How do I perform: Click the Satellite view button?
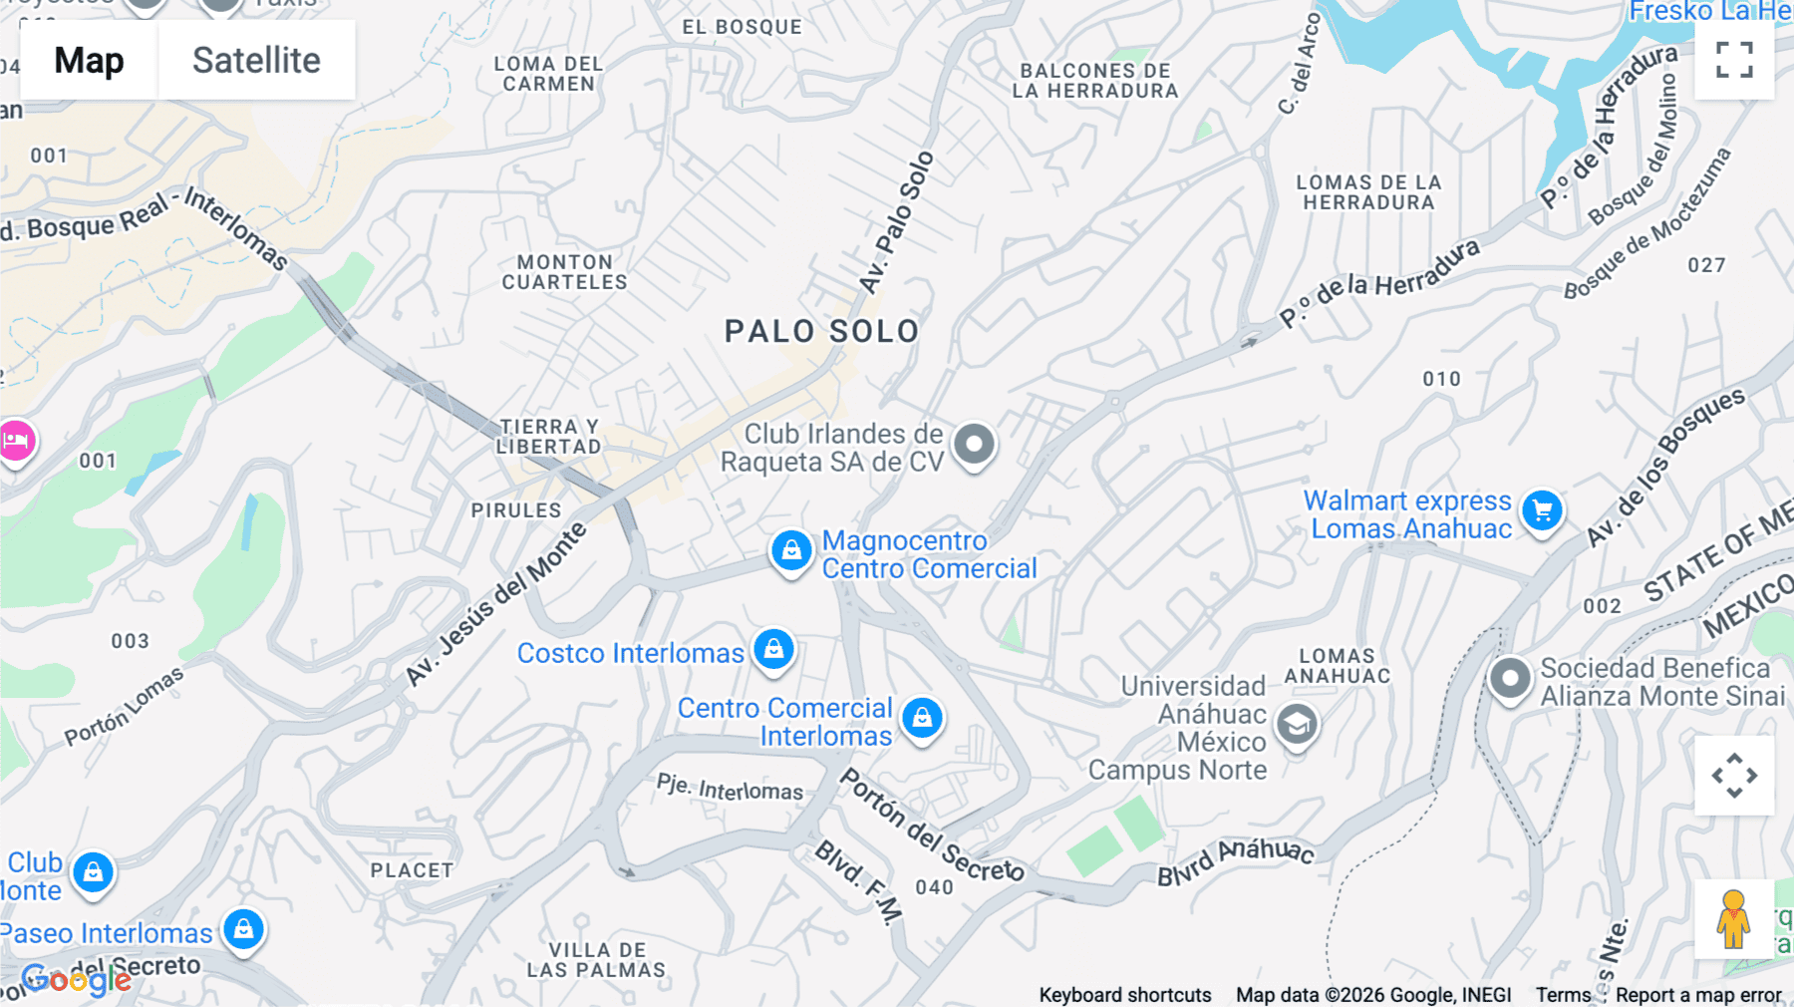(x=256, y=60)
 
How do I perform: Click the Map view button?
(x=89, y=60)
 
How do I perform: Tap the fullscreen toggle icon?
(x=1734, y=60)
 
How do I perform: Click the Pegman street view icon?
(x=1733, y=919)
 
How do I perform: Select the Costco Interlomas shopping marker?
(x=773, y=649)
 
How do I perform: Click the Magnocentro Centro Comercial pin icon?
(x=791, y=550)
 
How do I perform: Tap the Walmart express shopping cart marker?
(x=1543, y=511)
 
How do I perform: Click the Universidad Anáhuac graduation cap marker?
(x=1297, y=726)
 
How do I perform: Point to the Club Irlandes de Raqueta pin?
(x=974, y=444)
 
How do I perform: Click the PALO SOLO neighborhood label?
(x=821, y=332)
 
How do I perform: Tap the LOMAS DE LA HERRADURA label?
(x=1368, y=192)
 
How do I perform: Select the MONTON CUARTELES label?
(x=564, y=272)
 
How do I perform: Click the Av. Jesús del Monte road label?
(x=495, y=604)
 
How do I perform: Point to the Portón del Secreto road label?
(x=931, y=826)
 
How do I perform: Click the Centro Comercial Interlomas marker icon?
(x=922, y=717)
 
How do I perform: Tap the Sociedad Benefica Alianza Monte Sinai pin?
(x=1510, y=679)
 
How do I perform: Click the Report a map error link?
(x=1698, y=995)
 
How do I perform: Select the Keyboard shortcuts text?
(x=1125, y=995)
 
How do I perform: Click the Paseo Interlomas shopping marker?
(x=243, y=929)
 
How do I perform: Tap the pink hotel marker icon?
(x=16, y=440)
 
